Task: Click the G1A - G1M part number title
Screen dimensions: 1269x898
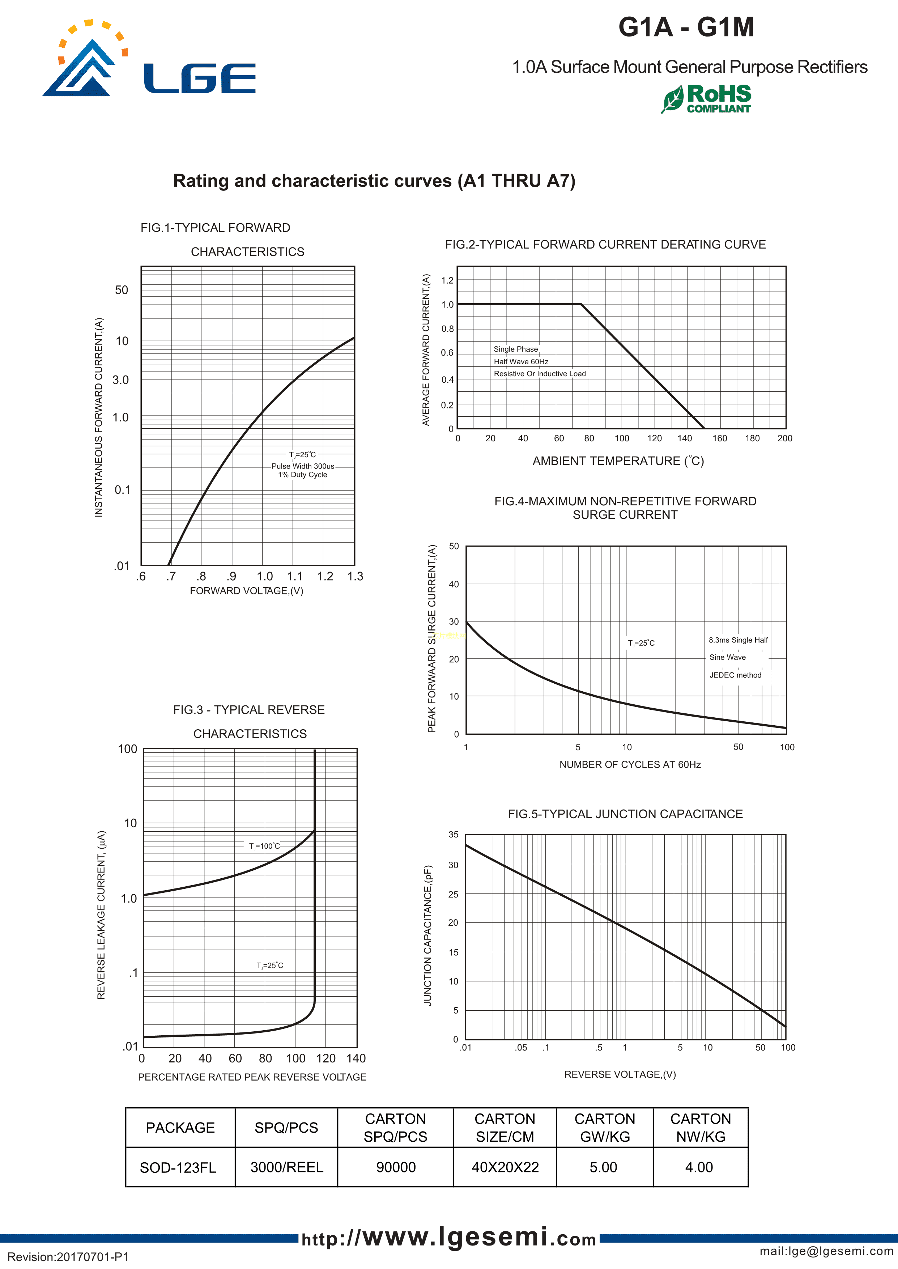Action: point(686,27)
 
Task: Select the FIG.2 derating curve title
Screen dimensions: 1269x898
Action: point(605,245)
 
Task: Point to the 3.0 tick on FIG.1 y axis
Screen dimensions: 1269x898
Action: point(120,380)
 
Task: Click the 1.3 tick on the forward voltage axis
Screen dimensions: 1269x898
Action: point(355,577)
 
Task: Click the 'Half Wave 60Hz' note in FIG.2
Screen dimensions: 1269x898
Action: point(521,362)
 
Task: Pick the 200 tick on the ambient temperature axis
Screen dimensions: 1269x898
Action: point(785,438)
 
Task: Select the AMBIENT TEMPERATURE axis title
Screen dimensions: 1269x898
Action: point(618,461)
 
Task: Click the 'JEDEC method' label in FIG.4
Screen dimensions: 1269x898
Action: point(735,675)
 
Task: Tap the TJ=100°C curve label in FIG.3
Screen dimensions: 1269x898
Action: point(264,846)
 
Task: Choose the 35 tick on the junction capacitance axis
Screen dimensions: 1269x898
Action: point(454,835)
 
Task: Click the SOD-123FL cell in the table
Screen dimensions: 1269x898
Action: point(178,1167)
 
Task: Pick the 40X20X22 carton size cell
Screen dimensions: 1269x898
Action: point(505,1167)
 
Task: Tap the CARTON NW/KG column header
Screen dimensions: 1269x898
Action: point(700,1128)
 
